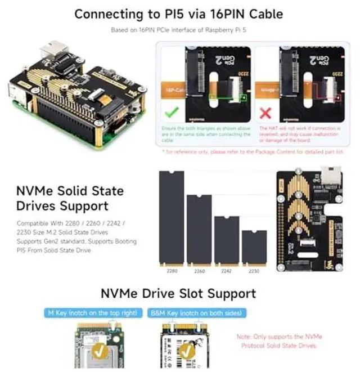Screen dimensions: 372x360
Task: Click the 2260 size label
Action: tap(199, 270)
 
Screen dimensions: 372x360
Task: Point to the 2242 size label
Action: tap(227, 270)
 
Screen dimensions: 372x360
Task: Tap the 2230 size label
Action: tap(254, 270)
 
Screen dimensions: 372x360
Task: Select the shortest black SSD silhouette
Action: tap(254, 248)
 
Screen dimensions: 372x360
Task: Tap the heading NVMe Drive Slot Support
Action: tap(178, 293)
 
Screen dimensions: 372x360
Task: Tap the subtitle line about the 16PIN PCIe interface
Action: tap(179, 30)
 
